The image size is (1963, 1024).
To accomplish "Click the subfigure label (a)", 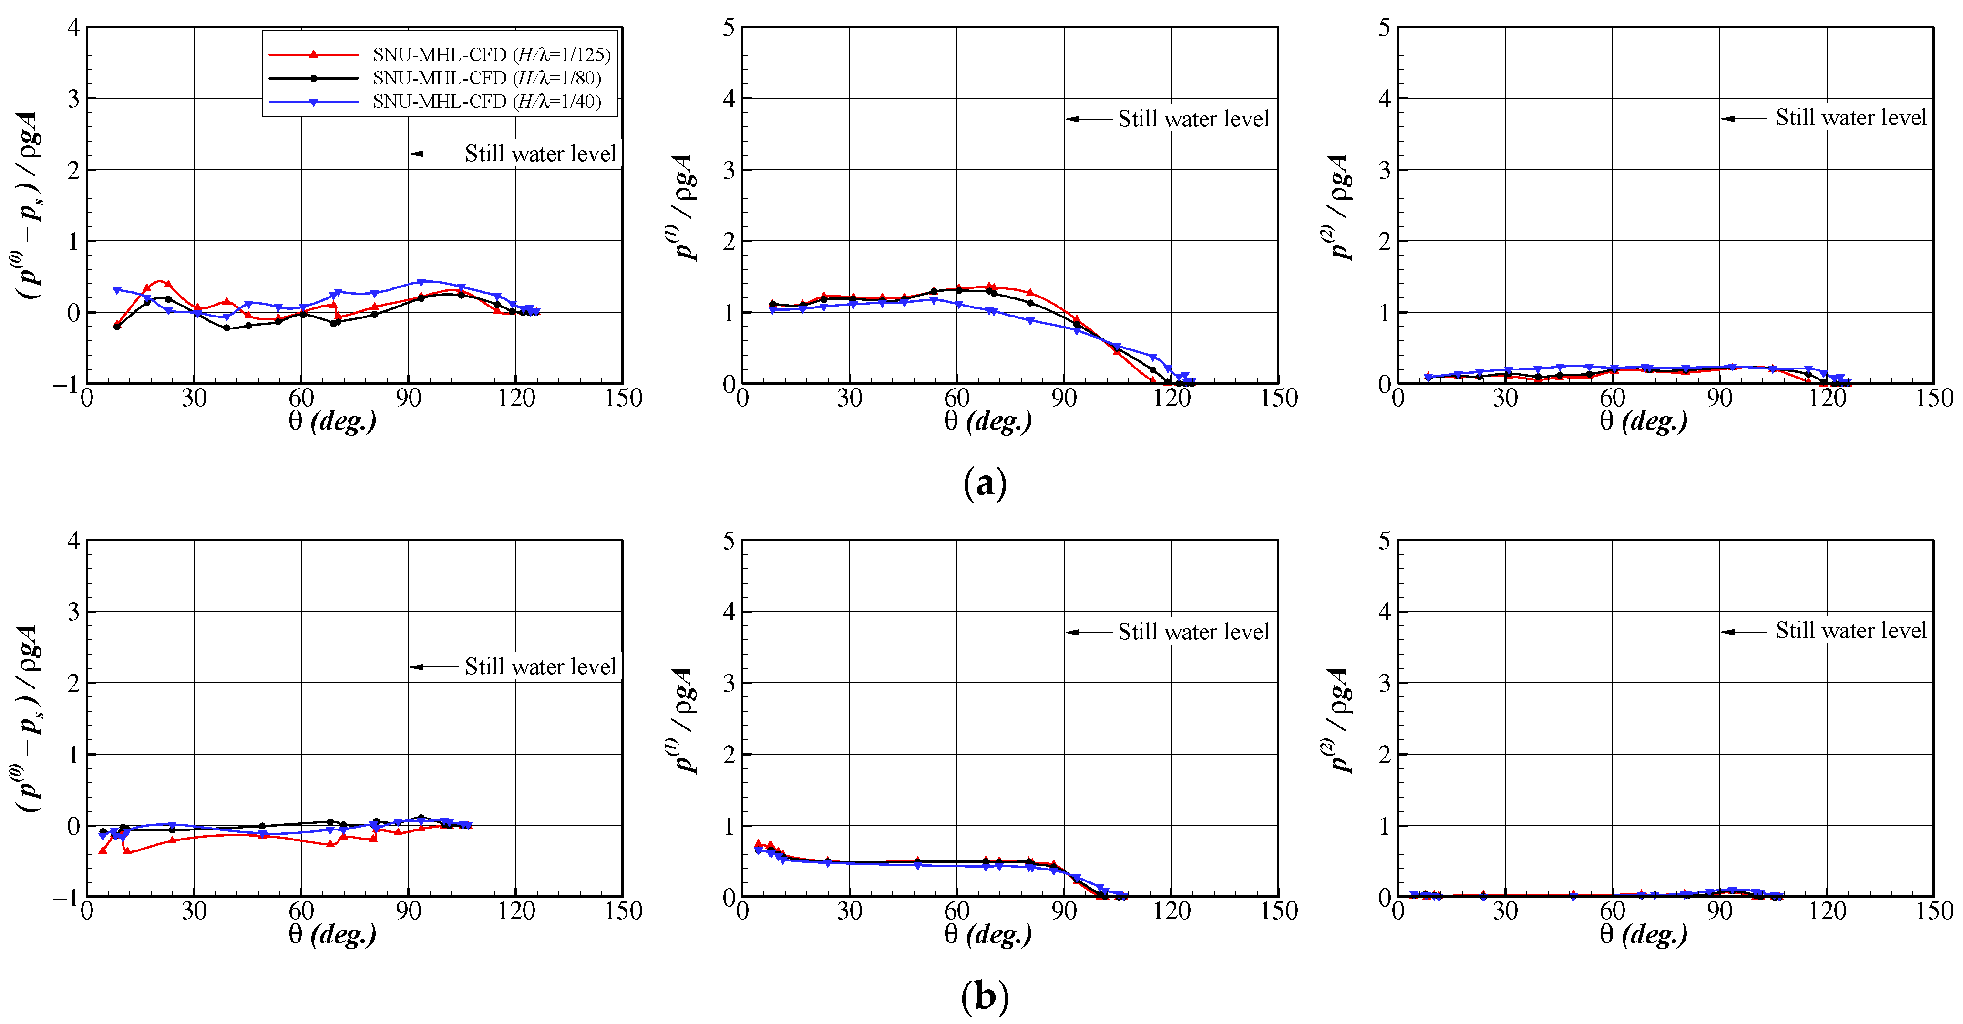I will (x=985, y=483).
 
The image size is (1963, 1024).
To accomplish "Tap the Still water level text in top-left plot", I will (x=540, y=154).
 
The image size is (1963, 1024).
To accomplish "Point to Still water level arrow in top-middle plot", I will (x=1088, y=119).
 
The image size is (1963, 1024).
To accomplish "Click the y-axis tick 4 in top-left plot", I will (x=73, y=28).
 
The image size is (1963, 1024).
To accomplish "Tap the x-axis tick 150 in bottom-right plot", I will (x=1934, y=911).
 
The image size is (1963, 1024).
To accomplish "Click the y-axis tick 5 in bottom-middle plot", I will (x=729, y=542).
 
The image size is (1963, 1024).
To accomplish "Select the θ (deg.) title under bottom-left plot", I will (x=332, y=934).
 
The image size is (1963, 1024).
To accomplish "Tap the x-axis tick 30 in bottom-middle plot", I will (x=850, y=911).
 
